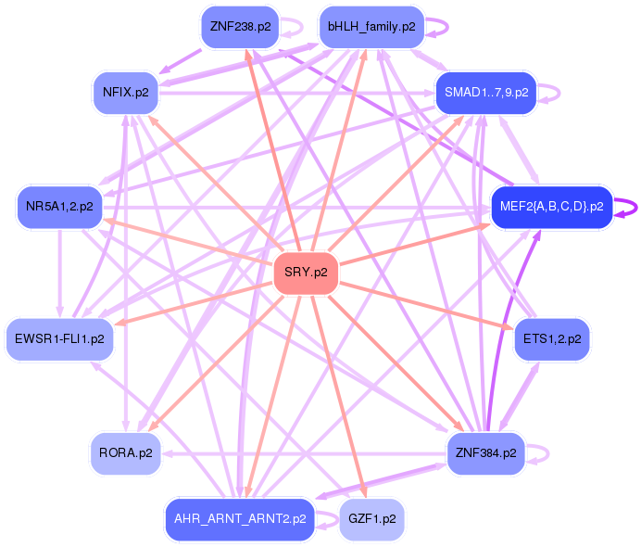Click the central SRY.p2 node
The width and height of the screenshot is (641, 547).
coord(306,273)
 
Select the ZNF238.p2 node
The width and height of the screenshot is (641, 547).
coord(240,27)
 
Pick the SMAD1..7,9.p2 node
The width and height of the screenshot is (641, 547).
coord(486,93)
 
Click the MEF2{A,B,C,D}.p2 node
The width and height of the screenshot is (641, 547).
coord(551,207)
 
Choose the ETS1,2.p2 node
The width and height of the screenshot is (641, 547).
coord(552,339)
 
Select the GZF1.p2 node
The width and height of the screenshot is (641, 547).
coord(372,519)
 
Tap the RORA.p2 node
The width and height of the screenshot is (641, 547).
coord(125,453)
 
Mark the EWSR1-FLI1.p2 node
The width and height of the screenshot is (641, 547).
coord(59,339)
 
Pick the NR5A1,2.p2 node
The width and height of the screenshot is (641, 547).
coord(59,207)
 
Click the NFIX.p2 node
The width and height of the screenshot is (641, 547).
coord(125,93)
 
